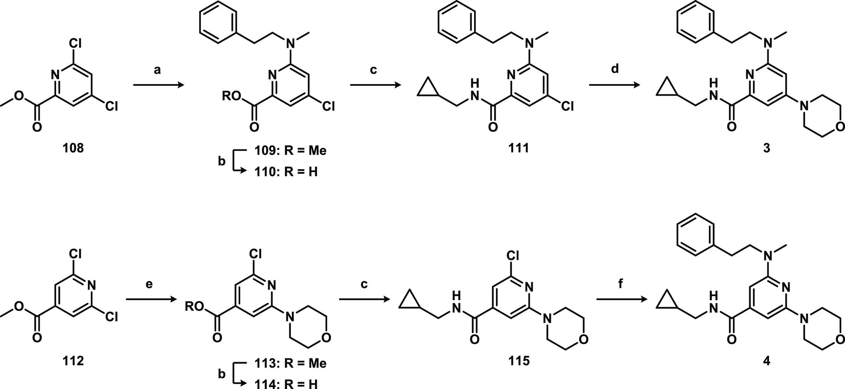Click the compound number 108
(x=73, y=148)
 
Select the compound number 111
(x=518, y=148)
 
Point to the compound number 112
(x=73, y=361)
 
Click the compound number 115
(x=518, y=361)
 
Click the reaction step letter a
(x=157, y=70)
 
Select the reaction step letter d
(x=615, y=69)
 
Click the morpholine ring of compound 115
(x=565, y=329)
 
